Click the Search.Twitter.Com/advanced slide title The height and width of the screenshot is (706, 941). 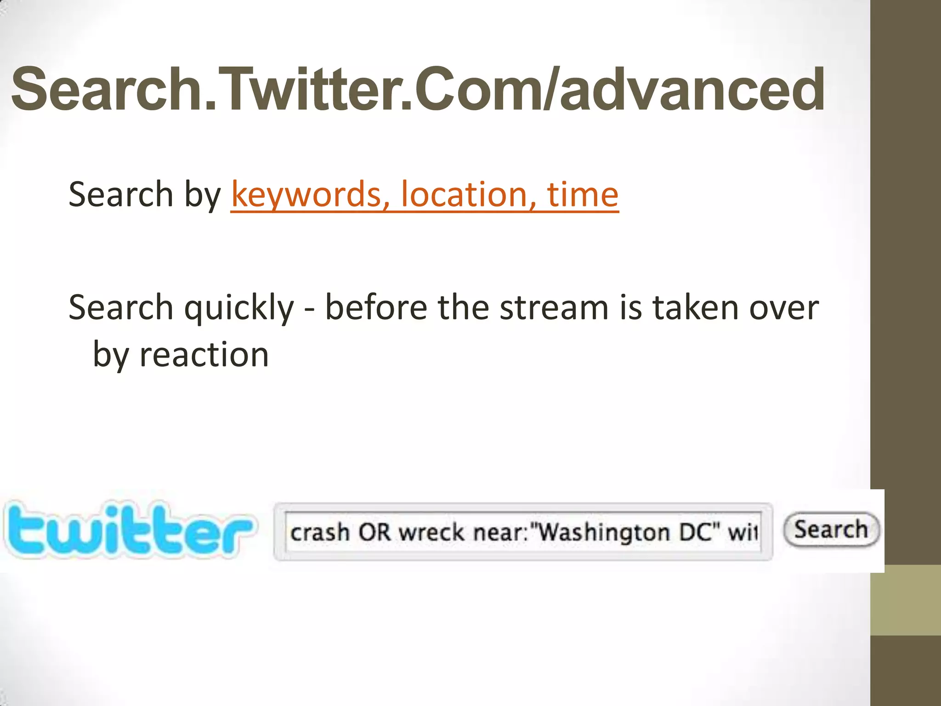[x=417, y=89]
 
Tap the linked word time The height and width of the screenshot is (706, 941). [x=583, y=194]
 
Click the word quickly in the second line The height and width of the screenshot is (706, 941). [x=238, y=308]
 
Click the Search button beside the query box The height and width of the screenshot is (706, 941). [x=831, y=529]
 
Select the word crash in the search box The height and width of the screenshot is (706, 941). [x=320, y=532]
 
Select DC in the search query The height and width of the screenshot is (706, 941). [x=697, y=532]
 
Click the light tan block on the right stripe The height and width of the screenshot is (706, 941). [x=906, y=600]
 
